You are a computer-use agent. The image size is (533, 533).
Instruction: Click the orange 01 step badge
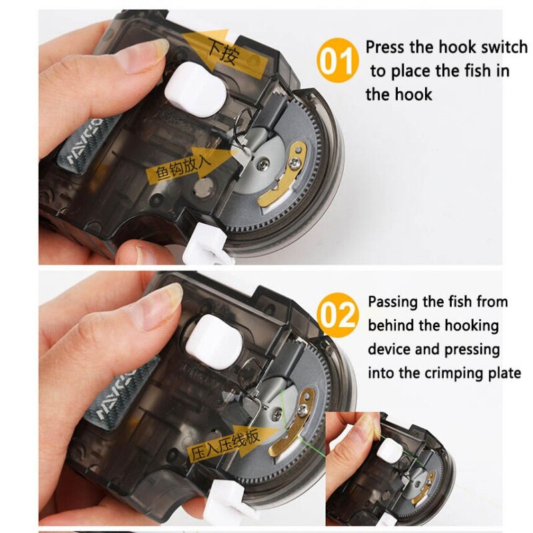tap(337, 61)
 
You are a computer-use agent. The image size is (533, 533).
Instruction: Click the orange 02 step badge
tap(337, 315)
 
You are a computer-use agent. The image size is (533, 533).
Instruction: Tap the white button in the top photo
tap(196, 90)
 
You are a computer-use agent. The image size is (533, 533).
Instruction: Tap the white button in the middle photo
tap(214, 340)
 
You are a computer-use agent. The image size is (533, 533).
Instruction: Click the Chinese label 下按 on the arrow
tap(223, 53)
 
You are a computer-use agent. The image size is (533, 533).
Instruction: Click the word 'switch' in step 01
tap(504, 47)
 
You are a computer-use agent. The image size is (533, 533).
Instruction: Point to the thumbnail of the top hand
tap(149, 53)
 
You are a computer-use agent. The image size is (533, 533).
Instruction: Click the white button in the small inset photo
tap(388, 450)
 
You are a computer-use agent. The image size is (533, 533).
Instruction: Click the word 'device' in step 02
tap(389, 350)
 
